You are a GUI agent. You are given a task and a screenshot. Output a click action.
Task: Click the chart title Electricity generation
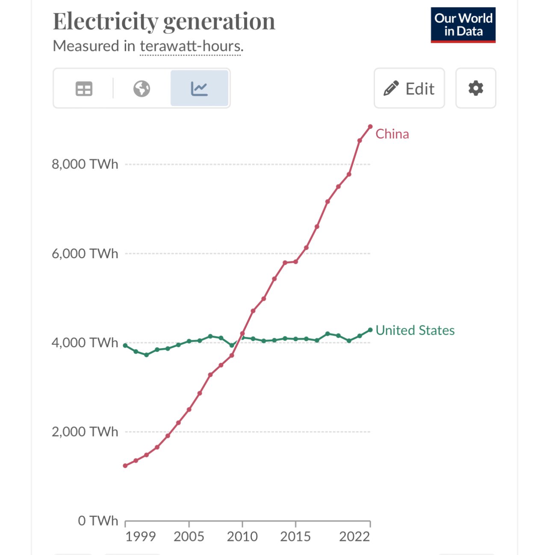164,21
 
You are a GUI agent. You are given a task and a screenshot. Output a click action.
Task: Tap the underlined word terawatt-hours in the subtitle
191,46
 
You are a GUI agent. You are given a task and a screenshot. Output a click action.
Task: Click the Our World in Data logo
463,25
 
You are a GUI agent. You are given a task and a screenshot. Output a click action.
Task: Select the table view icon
84,89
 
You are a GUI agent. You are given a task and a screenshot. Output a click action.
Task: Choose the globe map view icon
142,89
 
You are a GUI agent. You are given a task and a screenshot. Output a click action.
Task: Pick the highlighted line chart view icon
199,89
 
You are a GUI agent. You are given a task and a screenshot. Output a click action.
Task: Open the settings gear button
475,88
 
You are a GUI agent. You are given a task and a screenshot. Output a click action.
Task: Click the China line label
392,134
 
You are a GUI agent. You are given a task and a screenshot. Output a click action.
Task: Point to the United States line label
415,330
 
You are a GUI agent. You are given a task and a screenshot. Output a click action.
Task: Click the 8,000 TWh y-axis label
85,164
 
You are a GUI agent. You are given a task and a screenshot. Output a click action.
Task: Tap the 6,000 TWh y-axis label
85,254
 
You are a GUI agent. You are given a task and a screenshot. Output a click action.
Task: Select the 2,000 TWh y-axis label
85,432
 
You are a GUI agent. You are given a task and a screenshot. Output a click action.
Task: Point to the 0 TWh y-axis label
97,521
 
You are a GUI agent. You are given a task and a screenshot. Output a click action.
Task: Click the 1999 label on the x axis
140,537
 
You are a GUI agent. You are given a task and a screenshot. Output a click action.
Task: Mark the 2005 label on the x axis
189,537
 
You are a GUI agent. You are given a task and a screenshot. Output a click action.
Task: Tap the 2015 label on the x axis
295,537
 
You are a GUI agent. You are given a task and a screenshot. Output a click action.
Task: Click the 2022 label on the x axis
354,537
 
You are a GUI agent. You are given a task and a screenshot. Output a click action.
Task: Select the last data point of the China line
370,127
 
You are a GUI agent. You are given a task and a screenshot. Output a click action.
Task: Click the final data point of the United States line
370,330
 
